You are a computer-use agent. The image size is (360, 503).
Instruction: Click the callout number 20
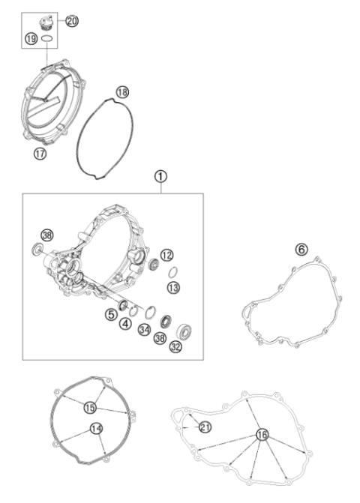click(72, 21)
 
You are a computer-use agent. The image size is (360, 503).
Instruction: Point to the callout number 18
click(122, 91)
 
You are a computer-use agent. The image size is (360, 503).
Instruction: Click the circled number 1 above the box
click(160, 177)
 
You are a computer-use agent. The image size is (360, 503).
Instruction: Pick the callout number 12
click(166, 255)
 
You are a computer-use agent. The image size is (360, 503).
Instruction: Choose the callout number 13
click(172, 287)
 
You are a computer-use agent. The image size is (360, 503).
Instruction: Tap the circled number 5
click(110, 315)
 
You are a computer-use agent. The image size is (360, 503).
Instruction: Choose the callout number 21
click(205, 427)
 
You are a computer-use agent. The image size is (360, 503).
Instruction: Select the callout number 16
click(261, 433)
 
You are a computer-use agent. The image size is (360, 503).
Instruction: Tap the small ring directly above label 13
click(171, 272)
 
